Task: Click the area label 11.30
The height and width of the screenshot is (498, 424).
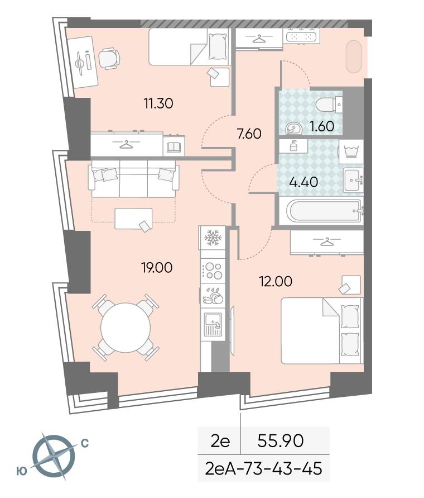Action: [158, 103]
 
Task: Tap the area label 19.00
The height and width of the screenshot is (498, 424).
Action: [157, 268]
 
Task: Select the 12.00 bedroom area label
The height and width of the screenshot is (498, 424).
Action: [276, 281]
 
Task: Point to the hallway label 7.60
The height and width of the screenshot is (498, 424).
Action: [249, 134]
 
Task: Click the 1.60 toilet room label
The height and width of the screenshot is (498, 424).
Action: [322, 126]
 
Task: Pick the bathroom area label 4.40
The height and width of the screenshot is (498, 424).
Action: [304, 182]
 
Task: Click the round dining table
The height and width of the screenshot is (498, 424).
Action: [126, 328]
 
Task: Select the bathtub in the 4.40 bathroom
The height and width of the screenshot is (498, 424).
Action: [325, 211]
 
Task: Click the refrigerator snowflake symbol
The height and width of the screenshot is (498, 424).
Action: [212, 238]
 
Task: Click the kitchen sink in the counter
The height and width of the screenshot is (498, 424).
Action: [213, 325]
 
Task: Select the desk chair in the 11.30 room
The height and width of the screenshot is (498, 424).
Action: [109, 59]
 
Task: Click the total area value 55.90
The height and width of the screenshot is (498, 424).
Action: [280, 441]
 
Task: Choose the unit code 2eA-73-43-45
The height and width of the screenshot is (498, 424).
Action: [263, 469]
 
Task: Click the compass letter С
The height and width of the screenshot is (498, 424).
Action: [85, 443]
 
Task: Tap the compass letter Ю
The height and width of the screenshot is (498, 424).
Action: [22, 471]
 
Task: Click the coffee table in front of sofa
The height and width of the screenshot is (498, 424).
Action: [133, 219]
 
